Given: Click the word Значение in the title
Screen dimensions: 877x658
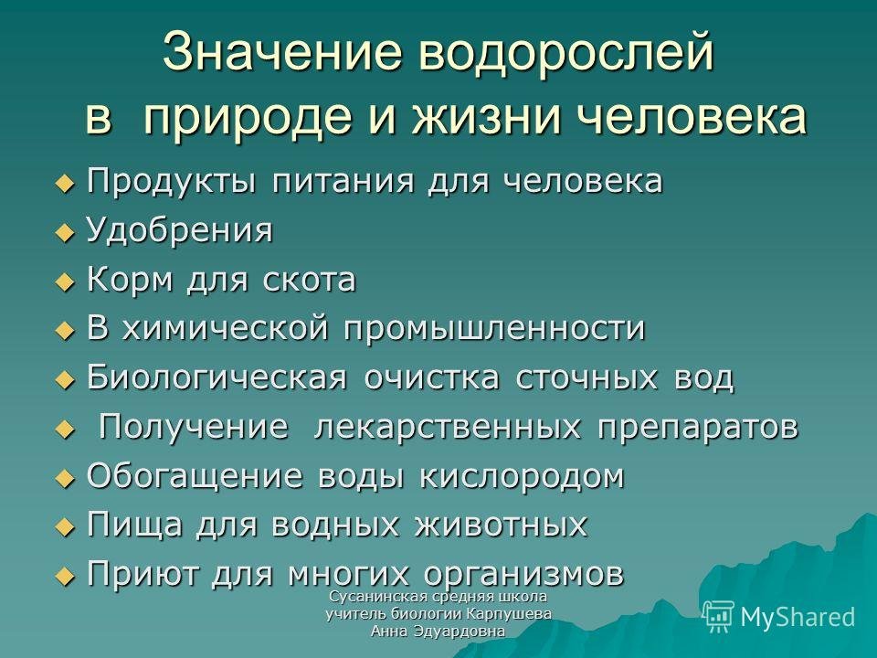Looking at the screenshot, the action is pyautogui.click(x=283, y=52).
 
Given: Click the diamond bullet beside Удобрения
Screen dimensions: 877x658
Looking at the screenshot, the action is pyautogui.click(x=66, y=231).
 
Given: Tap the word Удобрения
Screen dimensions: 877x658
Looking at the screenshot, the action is pyautogui.click(x=180, y=230).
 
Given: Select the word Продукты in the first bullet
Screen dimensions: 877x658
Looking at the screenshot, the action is pyautogui.click(x=172, y=181).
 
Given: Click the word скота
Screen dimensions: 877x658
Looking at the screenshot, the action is pyautogui.click(x=309, y=280).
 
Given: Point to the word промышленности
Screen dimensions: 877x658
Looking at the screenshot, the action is pyautogui.click(x=494, y=329).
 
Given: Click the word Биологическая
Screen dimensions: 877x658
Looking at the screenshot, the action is pyautogui.click(x=217, y=377).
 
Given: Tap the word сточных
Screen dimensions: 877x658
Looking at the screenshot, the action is pyautogui.click(x=586, y=378).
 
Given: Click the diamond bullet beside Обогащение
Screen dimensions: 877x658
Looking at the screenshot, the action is pyautogui.click(x=66, y=478).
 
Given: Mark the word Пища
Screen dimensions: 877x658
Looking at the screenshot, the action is pyautogui.click(x=135, y=525).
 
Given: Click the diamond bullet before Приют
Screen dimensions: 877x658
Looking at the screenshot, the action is pyautogui.click(x=66, y=576).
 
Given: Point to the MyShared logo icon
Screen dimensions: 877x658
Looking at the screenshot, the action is pyautogui.click(x=718, y=616).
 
